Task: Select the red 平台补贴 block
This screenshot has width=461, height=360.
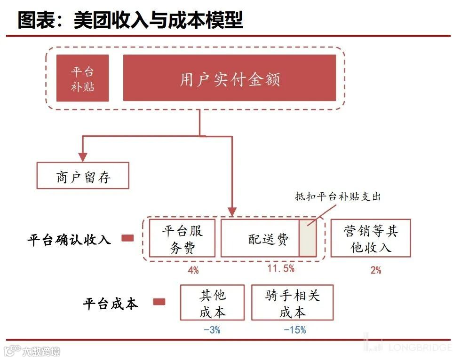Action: coord(82,78)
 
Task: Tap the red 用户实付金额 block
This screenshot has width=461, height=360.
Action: coord(230,78)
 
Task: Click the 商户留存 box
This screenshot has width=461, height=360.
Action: coord(83,176)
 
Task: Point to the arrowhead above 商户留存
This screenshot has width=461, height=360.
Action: coord(83,157)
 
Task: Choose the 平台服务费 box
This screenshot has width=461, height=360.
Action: coord(182,238)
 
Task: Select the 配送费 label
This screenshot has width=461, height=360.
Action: coord(269,239)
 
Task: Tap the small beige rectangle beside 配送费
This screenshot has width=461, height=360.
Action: coord(308,238)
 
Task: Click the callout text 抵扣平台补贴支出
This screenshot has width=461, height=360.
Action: coord(338,197)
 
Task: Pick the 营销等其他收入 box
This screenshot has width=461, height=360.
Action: coord(371,238)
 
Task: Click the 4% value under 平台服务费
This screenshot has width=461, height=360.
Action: coord(193,270)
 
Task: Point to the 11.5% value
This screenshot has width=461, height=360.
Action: coord(281,269)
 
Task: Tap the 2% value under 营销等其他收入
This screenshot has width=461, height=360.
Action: coord(375,270)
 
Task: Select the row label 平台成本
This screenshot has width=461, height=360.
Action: coord(111,303)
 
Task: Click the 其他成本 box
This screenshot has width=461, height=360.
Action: coord(212,303)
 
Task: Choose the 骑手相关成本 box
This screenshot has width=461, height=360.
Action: coord(292,303)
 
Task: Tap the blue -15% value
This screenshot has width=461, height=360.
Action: coord(294,330)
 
